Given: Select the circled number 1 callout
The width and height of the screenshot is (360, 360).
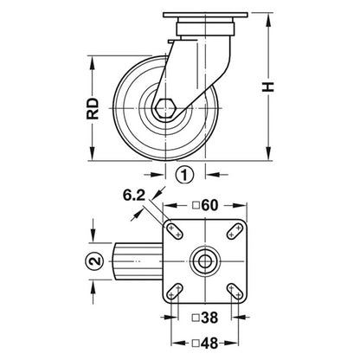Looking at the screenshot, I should click(x=183, y=173).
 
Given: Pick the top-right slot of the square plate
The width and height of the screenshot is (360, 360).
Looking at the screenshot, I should click(x=233, y=231).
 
